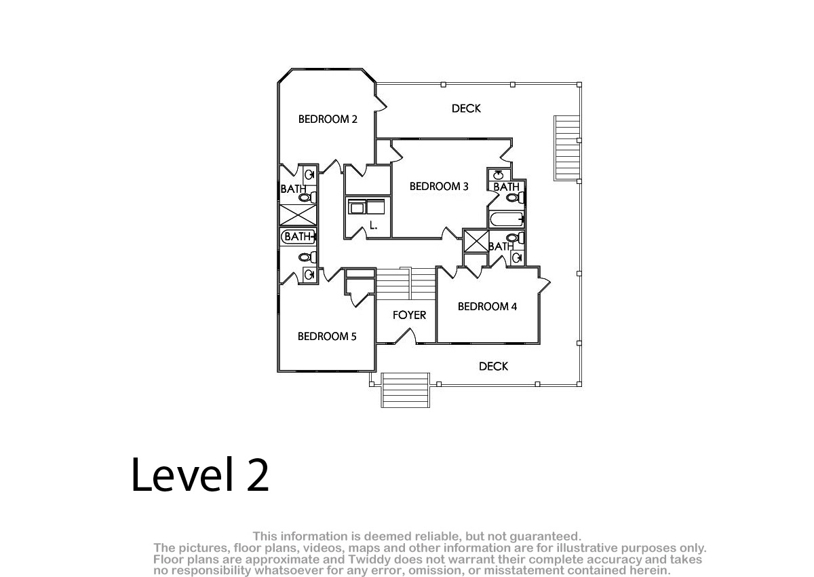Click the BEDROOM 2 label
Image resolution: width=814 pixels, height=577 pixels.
[x=328, y=119]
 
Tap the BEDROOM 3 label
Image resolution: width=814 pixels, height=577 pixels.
[x=439, y=186]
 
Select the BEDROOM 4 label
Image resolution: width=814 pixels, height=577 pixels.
[x=487, y=307]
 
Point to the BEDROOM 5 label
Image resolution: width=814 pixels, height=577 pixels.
[x=327, y=336]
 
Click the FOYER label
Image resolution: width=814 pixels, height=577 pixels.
[x=409, y=315]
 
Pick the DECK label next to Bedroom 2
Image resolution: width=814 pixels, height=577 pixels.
[x=466, y=109]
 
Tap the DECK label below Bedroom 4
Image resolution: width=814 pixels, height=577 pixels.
[x=494, y=366]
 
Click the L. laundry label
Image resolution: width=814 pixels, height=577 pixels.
[x=374, y=225]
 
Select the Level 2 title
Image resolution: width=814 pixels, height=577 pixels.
[x=200, y=474]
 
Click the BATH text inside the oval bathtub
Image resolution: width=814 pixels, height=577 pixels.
[x=298, y=237]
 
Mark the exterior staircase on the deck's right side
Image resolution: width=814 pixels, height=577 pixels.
[x=566, y=148]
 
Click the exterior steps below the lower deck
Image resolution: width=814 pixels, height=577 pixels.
[x=405, y=390]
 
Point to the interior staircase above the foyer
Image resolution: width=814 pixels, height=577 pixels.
[x=406, y=284]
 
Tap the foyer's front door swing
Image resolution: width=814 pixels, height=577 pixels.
[x=405, y=336]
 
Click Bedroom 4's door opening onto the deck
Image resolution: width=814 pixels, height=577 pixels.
[x=544, y=284]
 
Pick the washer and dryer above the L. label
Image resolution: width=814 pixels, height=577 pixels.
[x=366, y=207]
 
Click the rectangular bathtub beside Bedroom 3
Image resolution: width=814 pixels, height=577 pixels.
[x=507, y=220]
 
